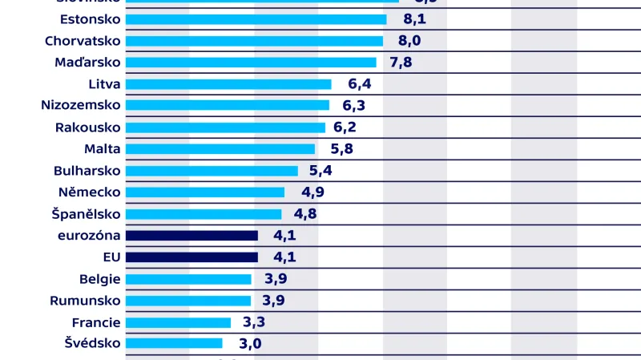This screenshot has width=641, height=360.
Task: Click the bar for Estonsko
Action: [256, 19]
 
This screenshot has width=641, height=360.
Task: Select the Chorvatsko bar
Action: [254, 41]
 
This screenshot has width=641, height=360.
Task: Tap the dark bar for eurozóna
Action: [191, 236]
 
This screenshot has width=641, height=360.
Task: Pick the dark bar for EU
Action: [191, 257]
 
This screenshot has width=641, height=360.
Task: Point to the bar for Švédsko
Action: [174, 343]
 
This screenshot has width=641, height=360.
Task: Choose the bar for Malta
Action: [220, 149]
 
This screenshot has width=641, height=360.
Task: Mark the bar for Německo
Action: [205, 192]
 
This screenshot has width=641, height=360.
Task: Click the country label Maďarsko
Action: [88, 63]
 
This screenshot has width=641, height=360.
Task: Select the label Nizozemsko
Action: [81, 105]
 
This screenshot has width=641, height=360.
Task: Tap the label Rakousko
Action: [88, 127]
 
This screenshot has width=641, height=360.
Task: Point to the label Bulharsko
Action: [87, 171]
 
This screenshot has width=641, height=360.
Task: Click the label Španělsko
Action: [85, 214]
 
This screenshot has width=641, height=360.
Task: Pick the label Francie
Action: [95, 322]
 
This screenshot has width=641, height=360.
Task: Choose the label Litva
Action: [105, 84]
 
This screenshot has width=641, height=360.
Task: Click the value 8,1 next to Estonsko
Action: [404, 19]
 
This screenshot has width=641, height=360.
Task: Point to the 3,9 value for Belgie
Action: [273, 279]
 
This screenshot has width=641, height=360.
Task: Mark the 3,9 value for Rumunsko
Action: [273, 301]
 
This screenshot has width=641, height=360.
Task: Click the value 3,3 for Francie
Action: [254, 322]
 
